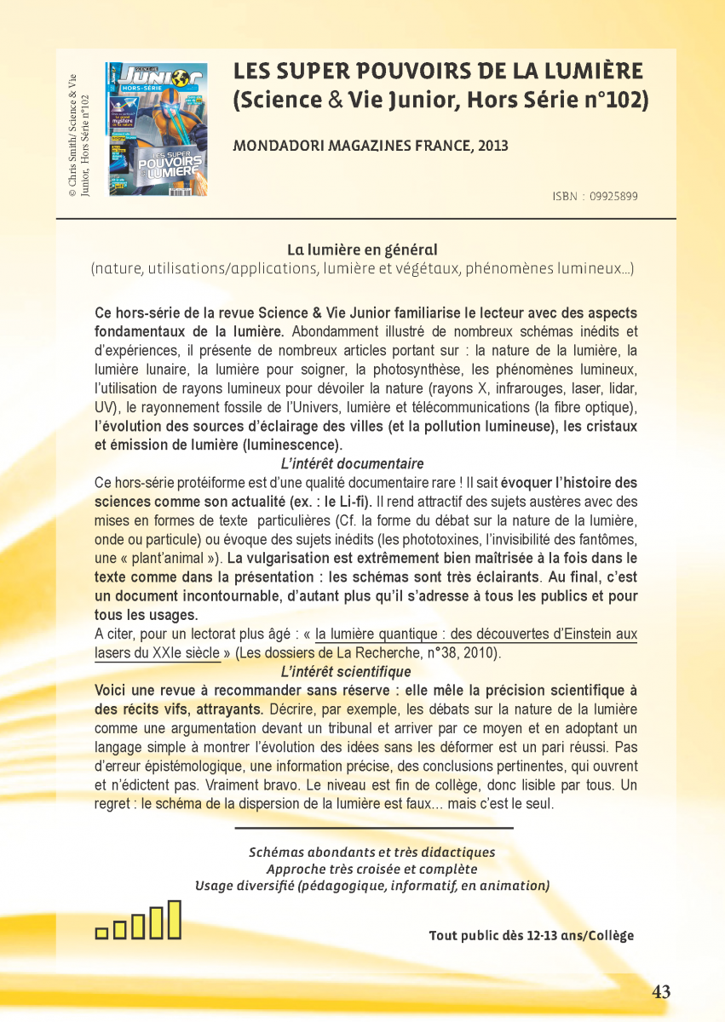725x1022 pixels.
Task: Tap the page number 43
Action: (661, 991)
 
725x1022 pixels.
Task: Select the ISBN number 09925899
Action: (613, 196)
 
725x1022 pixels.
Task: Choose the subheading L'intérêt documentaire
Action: (352, 464)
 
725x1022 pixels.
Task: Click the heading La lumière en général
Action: (362, 250)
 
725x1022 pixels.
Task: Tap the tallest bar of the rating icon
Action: (174, 919)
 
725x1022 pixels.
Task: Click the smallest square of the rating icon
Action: (101, 933)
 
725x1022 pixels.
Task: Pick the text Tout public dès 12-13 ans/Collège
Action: (532, 936)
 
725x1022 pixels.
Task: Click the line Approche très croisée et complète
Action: (371, 869)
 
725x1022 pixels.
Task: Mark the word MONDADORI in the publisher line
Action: (274, 146)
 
